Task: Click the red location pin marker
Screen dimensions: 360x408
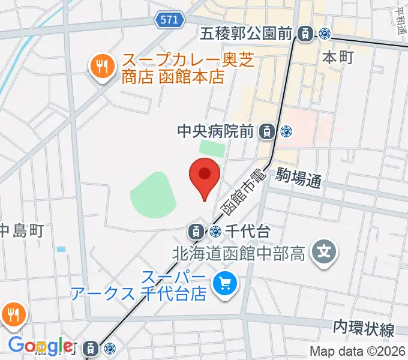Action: [205, 177]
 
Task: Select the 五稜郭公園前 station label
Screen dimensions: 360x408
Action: [247, 34]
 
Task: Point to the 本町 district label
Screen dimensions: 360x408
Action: [338, 57]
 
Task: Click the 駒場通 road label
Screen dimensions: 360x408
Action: [299, 179]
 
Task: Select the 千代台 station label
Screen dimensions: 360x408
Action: [245, 230]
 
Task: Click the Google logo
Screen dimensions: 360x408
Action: [40, 346]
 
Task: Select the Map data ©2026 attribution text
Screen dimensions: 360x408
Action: [358, 352]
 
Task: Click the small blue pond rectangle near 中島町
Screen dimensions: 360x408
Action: [61, 249]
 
